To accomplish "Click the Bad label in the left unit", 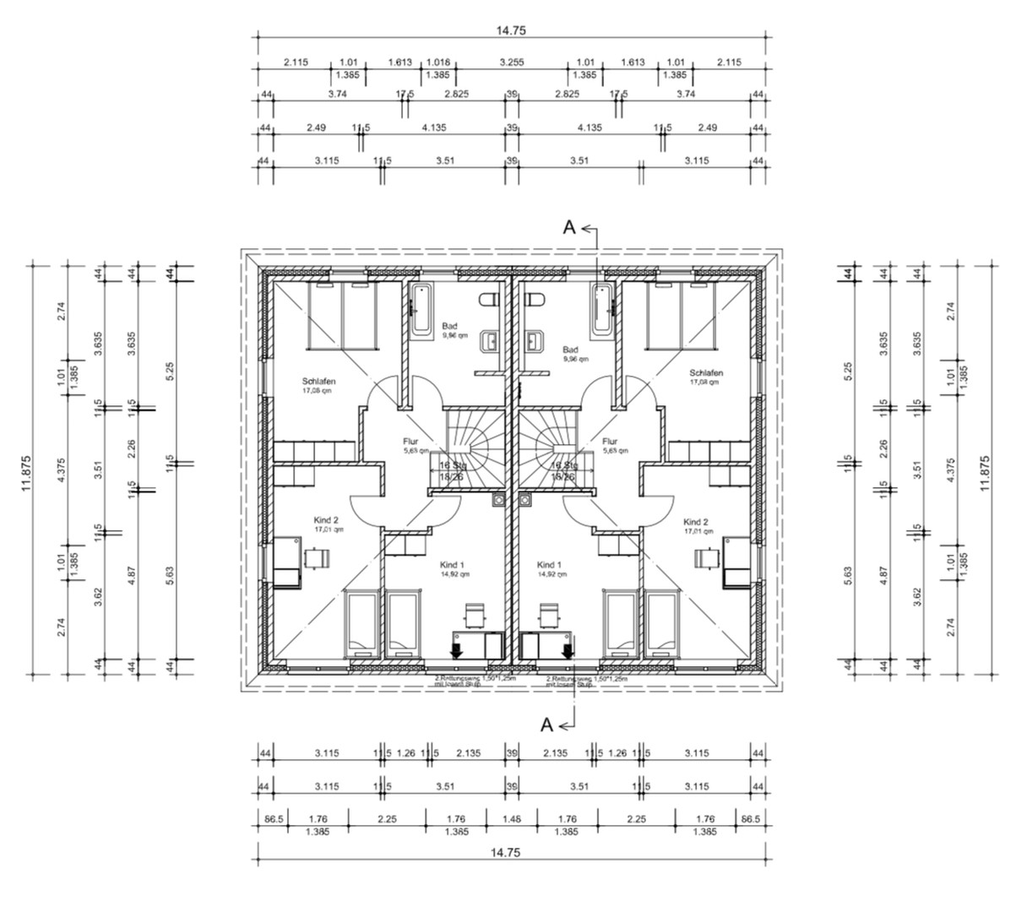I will tap(449, 326).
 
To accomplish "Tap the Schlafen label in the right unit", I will tap(706, 372).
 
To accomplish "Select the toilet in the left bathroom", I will tap(486, 301).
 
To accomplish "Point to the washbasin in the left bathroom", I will tap(490, 342).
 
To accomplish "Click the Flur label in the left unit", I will tap(410, 441).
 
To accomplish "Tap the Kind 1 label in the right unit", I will tap(549, 565).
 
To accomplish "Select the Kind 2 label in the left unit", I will tap(329, 521).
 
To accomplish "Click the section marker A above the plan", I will tap(569, 227).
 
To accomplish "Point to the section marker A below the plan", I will tap(546, 724).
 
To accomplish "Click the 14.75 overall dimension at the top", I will tap(510, 30).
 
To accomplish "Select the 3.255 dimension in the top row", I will tap(512, 62).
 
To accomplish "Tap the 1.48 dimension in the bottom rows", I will tap(511, 818).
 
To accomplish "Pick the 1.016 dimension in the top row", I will tap(437, 62).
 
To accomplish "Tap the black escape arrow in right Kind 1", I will tap(568, 649).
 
